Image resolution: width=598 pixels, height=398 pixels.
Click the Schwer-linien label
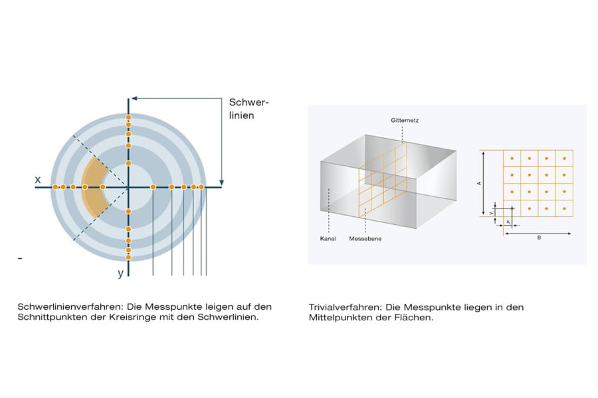pos(249,109)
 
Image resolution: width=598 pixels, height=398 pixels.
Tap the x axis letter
pos(38,179)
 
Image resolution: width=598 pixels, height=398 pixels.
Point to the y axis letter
pos(120,273)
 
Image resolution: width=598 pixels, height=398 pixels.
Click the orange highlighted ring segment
pos(94,187)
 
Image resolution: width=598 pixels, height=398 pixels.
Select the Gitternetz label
pos(405,120)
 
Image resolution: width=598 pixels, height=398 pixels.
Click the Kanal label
pos(328,239)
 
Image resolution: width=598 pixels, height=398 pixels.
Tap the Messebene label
pos(365,239)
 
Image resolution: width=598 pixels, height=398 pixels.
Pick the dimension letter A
pos(479,184)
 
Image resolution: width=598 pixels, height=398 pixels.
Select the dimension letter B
pos(539,237)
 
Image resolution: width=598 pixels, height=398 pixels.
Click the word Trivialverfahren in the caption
pos(345,307)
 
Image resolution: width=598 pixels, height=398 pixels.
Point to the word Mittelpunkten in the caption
pos(336,317)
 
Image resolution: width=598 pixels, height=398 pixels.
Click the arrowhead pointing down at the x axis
pos(221,183)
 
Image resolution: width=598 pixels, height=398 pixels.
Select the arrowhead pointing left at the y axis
pos(134,99)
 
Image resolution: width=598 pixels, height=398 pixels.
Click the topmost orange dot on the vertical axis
pos(128,117)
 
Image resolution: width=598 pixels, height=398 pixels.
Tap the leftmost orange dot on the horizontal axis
pos(55,187)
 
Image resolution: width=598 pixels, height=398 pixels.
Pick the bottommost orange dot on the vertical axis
pos(128,257)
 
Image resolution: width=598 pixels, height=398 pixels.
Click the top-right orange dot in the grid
pos(564,159)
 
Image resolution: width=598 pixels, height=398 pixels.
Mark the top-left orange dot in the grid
pos(512,159)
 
